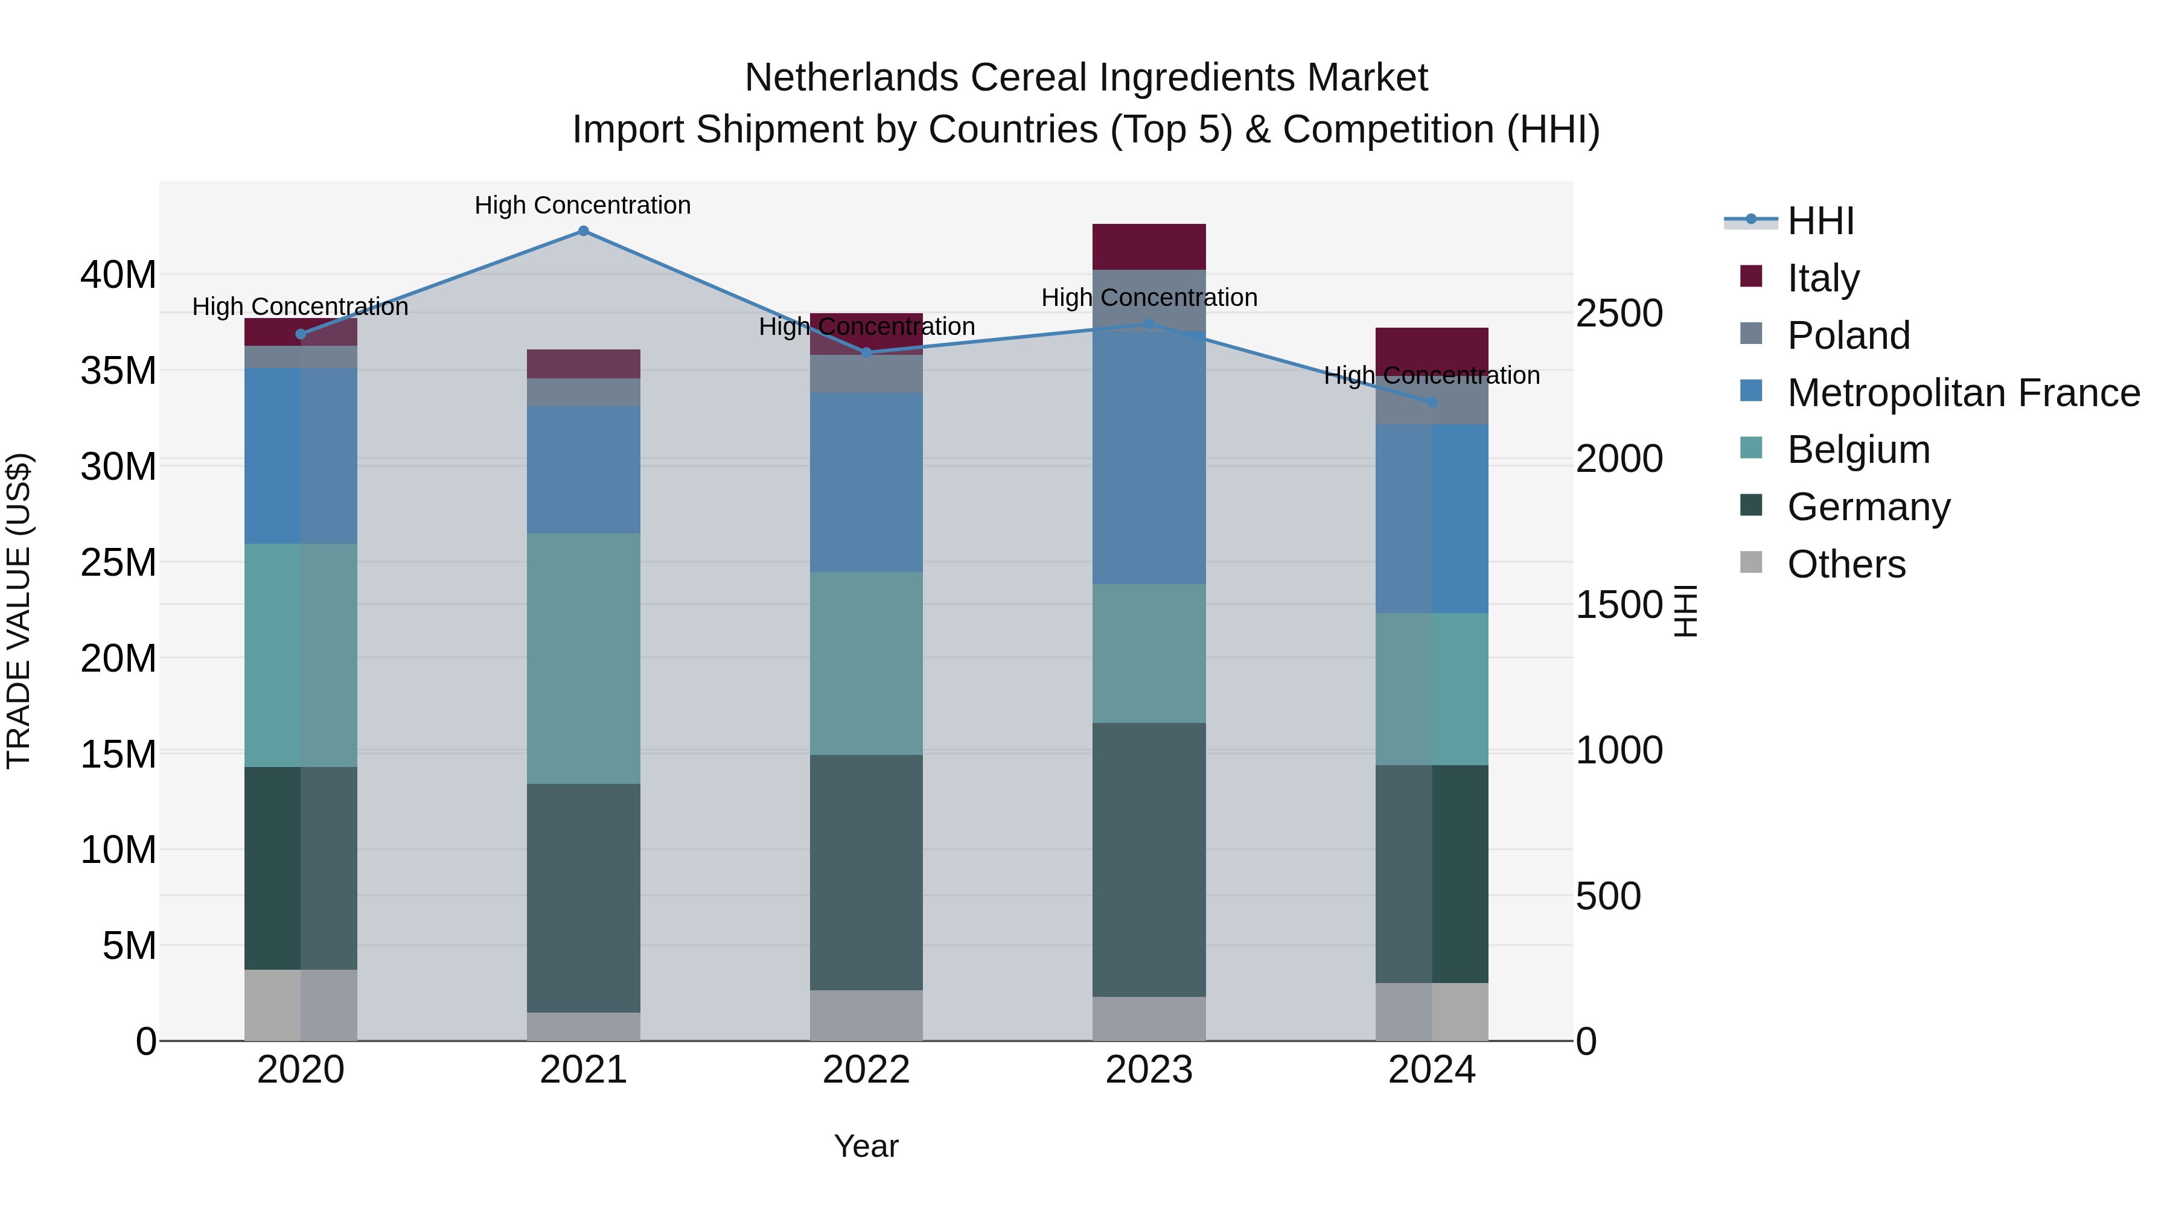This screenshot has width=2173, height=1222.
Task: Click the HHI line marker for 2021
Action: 583,231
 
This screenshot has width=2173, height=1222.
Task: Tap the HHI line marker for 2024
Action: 1432,403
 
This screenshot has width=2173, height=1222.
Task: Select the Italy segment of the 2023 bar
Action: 1148,246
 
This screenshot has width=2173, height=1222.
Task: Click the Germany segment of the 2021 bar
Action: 583,897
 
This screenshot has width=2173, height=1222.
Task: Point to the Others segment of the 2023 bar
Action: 1148,1018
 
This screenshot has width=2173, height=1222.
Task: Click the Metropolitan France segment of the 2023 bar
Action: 1148,456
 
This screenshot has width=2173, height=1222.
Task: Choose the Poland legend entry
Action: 1848,336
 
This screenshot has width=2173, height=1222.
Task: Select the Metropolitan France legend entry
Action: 1962,393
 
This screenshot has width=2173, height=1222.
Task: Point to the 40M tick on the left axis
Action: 118,275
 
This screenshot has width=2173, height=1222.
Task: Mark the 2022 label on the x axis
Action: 866,1070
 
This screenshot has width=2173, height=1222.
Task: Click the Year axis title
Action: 866,1146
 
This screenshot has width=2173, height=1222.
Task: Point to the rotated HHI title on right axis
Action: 1685,611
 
